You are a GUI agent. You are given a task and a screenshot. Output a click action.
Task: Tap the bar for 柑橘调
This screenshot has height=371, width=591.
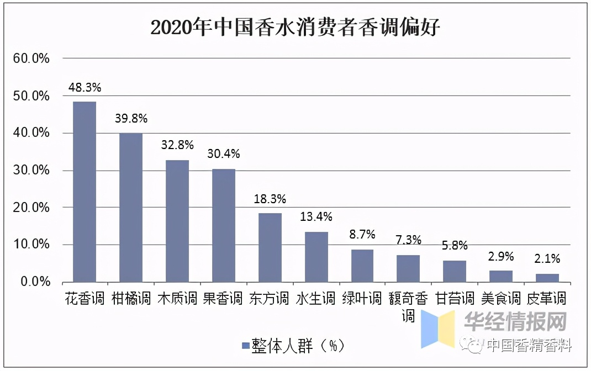click(131, 208)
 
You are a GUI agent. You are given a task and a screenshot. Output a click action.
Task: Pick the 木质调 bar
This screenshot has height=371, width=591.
click(177, 221)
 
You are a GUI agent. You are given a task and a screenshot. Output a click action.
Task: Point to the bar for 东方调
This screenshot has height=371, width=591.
click(270, 247)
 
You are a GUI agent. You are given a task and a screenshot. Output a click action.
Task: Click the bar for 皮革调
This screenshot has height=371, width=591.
click(547, 278)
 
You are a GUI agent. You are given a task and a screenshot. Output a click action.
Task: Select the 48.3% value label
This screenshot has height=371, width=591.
click(85, 87)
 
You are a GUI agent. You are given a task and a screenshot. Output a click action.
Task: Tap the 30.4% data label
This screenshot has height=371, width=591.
click(224, 154)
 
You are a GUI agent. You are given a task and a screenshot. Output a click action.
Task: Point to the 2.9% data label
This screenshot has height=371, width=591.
click(501, 256)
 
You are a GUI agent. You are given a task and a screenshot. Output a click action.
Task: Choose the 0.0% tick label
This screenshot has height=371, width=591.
click(34, 282)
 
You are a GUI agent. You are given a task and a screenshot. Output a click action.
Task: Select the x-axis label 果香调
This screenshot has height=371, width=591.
click(223, 299)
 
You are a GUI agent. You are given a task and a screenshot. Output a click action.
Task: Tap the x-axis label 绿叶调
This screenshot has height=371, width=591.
click(362, 299)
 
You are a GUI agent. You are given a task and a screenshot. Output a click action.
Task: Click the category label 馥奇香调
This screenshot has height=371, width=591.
click(409, 307)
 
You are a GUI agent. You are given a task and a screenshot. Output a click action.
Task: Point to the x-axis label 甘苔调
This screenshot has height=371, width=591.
click(455, 299)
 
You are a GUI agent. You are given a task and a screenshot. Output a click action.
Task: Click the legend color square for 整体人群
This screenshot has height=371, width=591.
click(245, 346)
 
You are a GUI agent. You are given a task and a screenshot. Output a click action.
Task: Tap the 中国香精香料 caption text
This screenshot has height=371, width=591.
click(529, 346)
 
